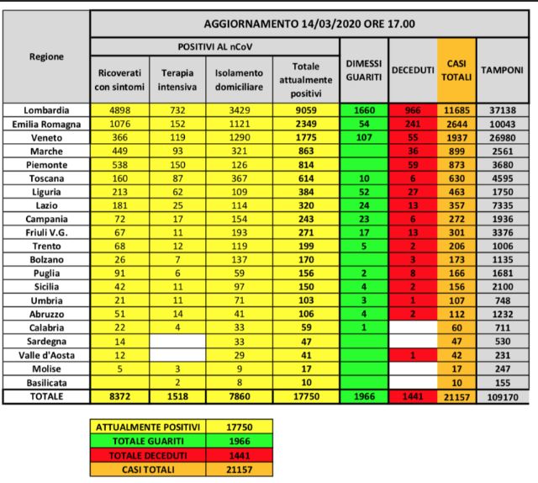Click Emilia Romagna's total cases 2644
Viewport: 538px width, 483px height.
[x=456, y=124]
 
